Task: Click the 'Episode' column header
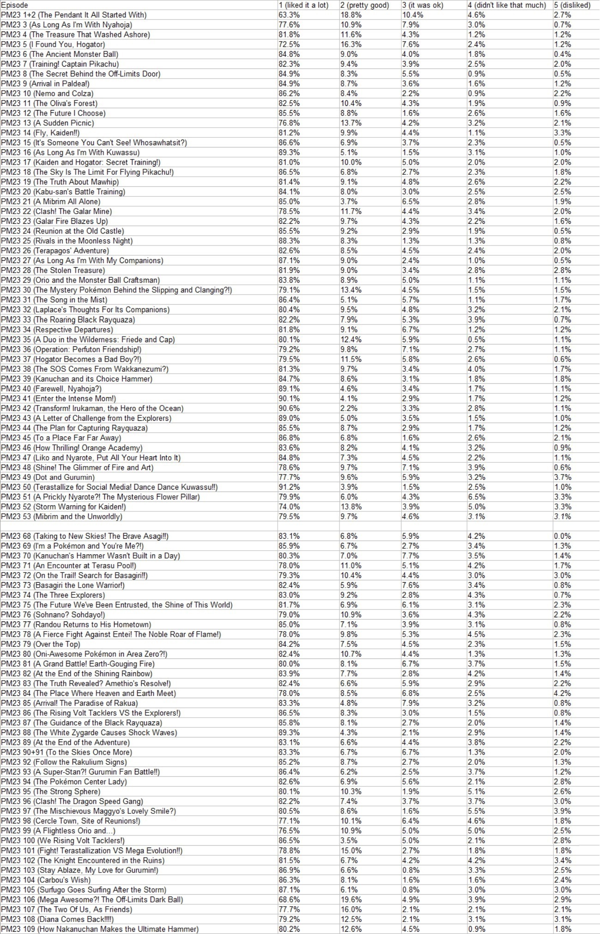[15, 5]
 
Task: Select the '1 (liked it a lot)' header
[303, 5]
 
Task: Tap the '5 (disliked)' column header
[572, 5]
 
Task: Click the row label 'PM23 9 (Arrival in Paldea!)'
[45, 84]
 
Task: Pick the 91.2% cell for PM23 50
[289, 487]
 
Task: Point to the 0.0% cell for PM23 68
[563, 536]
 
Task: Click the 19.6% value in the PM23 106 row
[351, 899]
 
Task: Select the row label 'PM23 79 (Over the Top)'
[41, 644]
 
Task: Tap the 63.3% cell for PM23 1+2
[289, 15]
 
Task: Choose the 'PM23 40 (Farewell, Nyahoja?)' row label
[51, 388]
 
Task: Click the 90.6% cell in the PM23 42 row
[289, 408]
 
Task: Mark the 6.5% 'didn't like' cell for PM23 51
[477, 497]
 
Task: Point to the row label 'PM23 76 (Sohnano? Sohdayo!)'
[53, 614]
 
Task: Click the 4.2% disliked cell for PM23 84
[563, 693]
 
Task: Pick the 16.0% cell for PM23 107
[351, 909]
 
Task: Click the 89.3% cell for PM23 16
[289, 152]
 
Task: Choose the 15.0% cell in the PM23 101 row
[351, 850]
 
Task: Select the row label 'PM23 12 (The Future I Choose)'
[53, 113]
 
